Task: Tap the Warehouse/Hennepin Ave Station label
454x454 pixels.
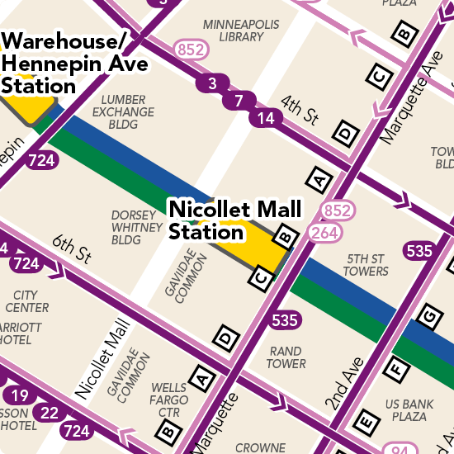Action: click(74, 63)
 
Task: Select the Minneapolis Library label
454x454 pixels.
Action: click(234, 30)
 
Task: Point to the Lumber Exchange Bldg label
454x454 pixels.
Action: click(123, 112)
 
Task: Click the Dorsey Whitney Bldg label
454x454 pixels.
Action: click(138, 228)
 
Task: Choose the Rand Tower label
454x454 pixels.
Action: click(286, 357)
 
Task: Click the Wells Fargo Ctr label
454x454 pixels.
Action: click(168, 400)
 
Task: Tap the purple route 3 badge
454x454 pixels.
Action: click(213, 83)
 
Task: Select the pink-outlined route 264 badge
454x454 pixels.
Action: click(325, 233)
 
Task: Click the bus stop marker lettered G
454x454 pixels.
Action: click(428, 316)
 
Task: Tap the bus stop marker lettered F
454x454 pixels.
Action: click(396, 368)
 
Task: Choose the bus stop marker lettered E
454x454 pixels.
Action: click(364, 422)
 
